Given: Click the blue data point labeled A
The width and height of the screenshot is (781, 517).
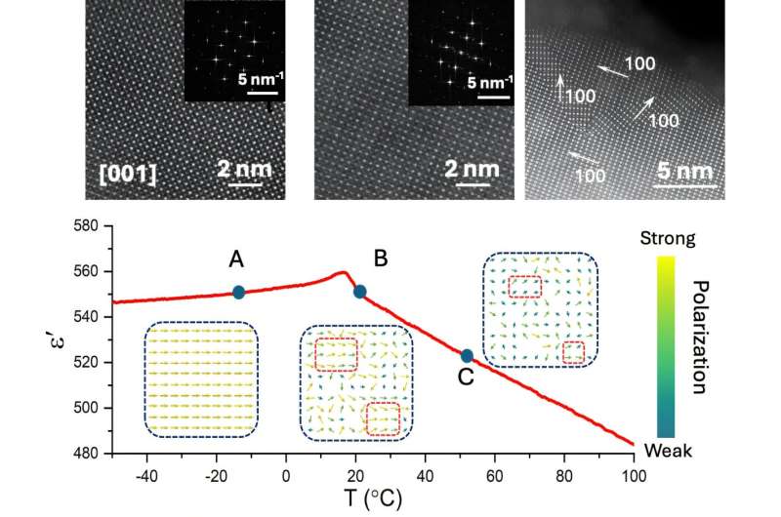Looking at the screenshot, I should (x=238, y=292).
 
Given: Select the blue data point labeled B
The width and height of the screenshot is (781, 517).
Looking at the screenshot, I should (x=359, y=291).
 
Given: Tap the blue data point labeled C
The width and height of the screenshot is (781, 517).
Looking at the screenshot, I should (x=467, y=356).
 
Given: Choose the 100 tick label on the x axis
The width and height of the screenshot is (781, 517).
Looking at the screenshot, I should (x=634, y=477).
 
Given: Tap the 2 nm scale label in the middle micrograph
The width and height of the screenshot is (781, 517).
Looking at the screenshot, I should (x=471, y=169).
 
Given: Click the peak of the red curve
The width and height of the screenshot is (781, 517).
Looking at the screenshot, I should (x=343, y=272).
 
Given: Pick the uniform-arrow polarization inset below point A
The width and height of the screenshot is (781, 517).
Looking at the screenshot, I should (x=202, y=378).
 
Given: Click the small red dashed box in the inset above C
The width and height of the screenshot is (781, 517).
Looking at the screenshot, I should (x=574, y=351).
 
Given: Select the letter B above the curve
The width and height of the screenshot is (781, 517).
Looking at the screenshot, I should (x=382, y=258).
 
